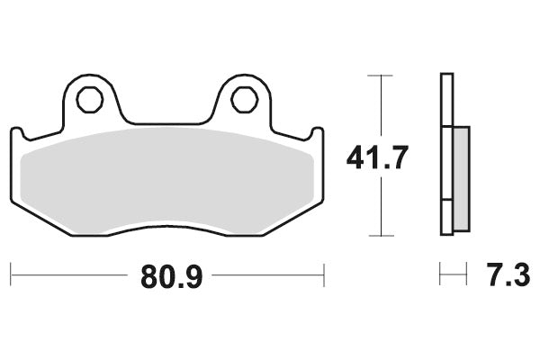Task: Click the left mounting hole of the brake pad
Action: [89, 100]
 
